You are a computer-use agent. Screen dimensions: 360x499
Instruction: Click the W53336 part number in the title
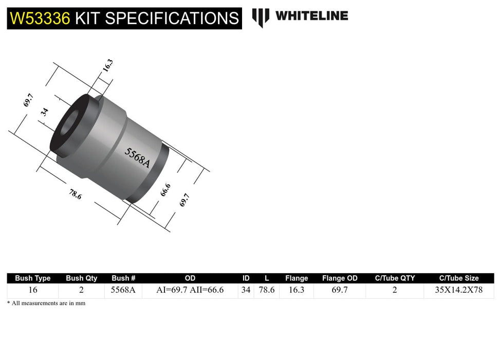39,19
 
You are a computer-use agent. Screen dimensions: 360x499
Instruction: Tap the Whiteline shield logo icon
261,17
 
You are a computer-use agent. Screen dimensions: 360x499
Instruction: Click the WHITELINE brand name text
311,16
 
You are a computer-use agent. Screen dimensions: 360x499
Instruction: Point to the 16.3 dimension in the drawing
107,66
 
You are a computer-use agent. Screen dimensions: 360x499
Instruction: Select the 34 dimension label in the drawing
45,112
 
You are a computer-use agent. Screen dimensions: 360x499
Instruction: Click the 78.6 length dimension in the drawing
75,194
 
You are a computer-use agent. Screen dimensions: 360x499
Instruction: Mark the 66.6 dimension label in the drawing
165,190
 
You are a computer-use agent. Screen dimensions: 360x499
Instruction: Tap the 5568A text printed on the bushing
137,158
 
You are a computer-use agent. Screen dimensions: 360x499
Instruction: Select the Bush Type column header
33,278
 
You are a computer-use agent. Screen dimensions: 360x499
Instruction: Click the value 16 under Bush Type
33,290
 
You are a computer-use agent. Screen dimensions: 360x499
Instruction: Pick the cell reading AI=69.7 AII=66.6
190,290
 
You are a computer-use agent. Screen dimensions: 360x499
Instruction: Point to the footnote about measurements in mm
46,303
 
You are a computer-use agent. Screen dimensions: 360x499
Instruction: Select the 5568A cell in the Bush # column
123,290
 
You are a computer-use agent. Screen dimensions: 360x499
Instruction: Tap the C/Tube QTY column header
395,278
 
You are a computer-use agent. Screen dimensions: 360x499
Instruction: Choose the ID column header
246,278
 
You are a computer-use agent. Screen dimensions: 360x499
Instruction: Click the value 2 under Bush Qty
82,290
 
